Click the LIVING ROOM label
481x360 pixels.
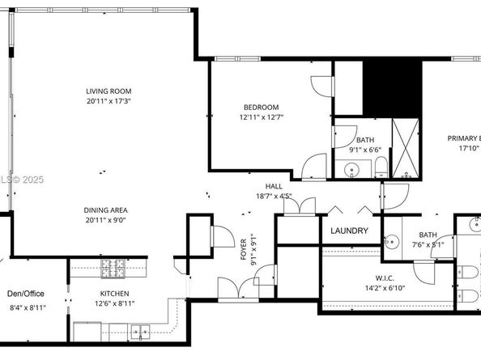109,91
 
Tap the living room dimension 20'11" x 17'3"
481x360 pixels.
109,102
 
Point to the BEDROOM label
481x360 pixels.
262,108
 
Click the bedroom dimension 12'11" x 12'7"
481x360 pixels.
262,118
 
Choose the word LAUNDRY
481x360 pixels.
350,231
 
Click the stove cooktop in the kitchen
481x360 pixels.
111,265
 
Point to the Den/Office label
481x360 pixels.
25,294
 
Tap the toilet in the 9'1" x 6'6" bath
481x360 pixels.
379,168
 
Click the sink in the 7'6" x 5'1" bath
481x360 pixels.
393,241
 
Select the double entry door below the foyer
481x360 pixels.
233,290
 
